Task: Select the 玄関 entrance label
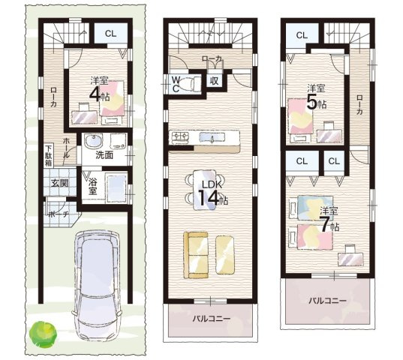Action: [60, 183]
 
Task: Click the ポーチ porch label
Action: [59, 214]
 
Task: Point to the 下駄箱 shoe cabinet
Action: [48, 156]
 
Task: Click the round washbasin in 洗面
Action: [94, 141]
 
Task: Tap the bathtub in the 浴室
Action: [116, 187]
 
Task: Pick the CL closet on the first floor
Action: [111, 34]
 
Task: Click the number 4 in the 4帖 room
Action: [95, 94]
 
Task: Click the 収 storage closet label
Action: [214, 81]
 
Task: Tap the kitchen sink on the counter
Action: [212, 137]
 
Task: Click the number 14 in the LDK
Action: [209, 199]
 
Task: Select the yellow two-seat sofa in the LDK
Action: [196, 255]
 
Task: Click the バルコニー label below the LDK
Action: [212, 319]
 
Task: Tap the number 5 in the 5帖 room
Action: [311, 103]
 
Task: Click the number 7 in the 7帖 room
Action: [325, 225]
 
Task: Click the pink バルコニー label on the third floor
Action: [328, 301]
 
